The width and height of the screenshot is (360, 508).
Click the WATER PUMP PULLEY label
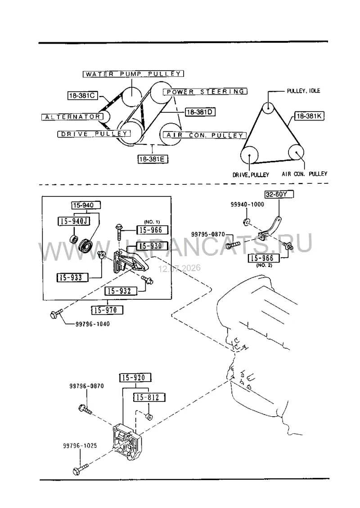[133, 74]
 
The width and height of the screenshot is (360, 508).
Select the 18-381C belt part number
[83, 95]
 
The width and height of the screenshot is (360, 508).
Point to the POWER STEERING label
[205, 92]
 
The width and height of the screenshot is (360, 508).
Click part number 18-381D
[200, 112]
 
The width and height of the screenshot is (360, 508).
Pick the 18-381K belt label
[309, 116]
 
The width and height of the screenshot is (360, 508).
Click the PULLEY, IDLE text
[303, 91]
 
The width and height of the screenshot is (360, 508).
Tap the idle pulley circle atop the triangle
[269, 107]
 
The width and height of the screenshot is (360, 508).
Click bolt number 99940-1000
[247, 205]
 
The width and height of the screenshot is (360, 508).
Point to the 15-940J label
[74, 221]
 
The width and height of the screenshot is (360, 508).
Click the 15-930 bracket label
[152, 246]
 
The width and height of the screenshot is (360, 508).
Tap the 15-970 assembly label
[107, 310]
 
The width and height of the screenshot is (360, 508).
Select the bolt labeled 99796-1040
[56, 314]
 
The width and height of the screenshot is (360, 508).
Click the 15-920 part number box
[136, 378]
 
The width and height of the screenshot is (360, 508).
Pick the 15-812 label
[149, 397]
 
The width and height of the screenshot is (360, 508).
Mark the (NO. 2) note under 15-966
[264, 265]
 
